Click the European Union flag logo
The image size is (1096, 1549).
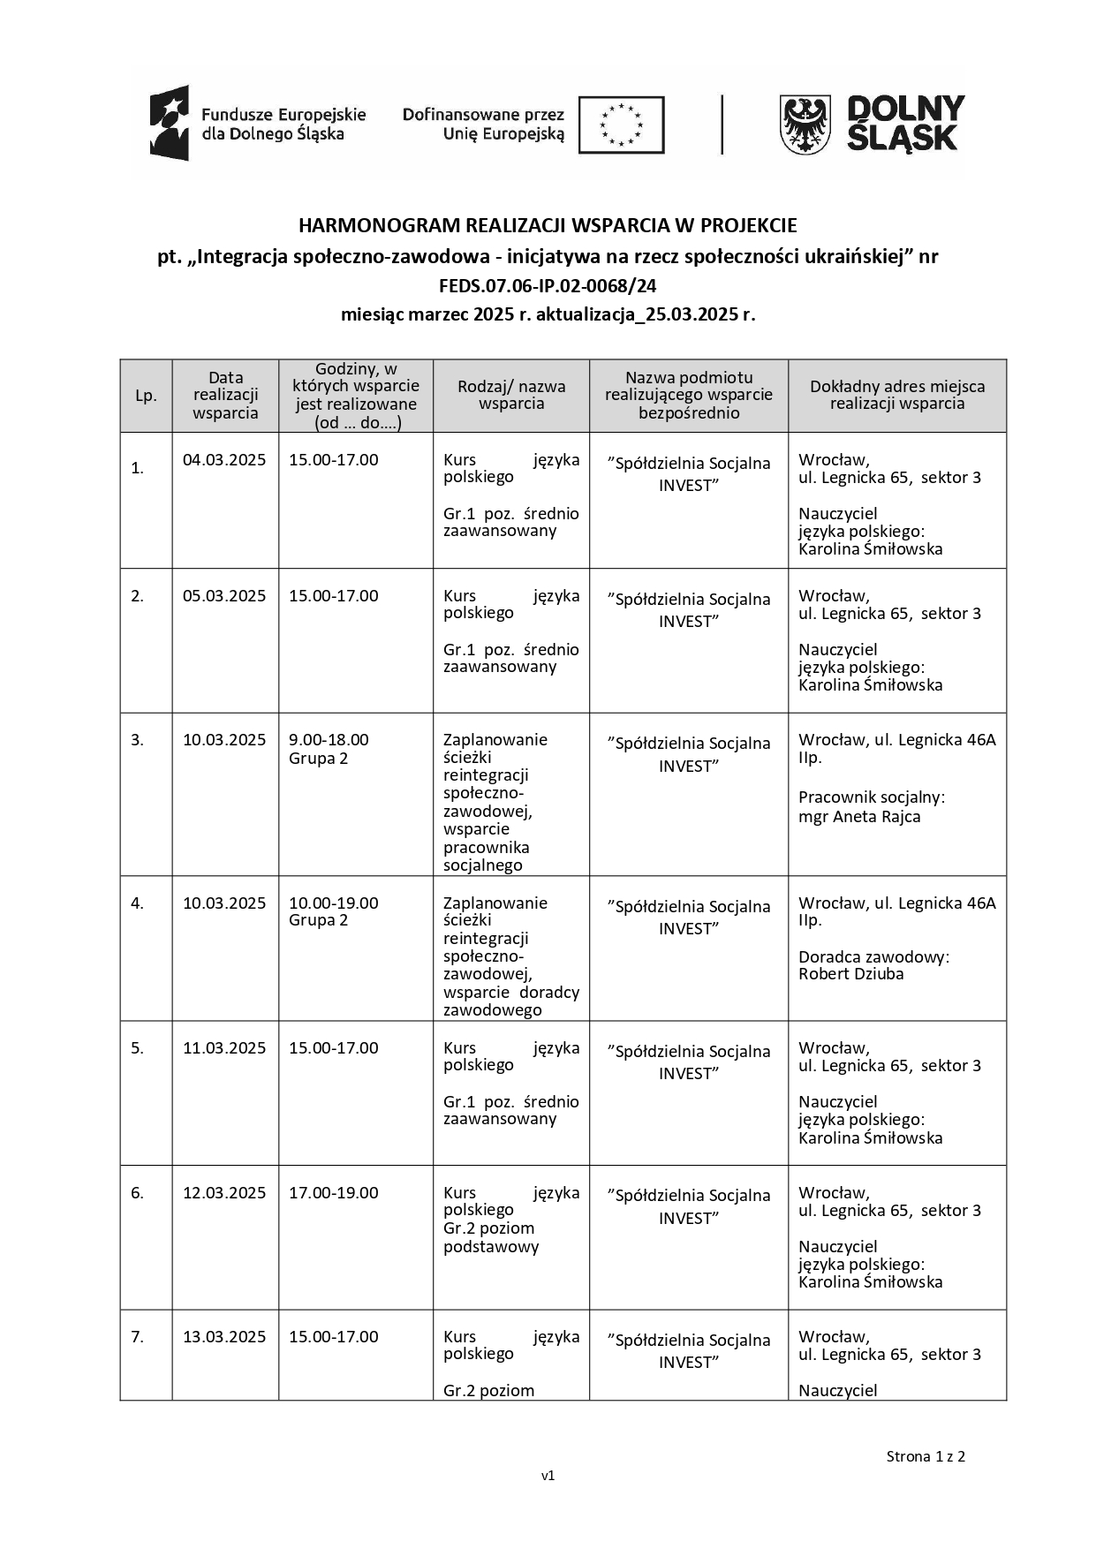click(621, 125)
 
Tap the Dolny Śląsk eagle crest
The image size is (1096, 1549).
click(805, 125)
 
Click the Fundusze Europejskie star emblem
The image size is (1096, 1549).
click(169, 123)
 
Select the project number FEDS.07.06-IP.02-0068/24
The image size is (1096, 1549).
click(548, 285)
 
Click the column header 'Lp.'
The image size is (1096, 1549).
click(146, 396)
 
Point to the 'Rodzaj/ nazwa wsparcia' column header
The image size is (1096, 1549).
click(511, 395)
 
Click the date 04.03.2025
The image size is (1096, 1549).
click(224, 459)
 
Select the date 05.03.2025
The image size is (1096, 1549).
click(224, 595)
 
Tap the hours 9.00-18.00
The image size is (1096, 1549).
click(329, 739)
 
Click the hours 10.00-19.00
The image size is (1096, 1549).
click(333, 903)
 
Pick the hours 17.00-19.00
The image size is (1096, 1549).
click(333, 1192)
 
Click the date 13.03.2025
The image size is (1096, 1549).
click(224, 1336)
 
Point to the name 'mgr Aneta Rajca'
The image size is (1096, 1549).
click(858, 816)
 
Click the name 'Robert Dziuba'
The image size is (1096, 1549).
click(850, 974)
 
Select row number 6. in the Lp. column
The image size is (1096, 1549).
click(137, 1192)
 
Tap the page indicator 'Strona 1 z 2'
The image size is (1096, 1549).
click(926, 1456)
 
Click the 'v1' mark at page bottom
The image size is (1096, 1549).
click(548, 1475)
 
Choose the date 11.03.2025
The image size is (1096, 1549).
click(224, 1047)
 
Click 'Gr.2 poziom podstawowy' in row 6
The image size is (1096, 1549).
click(490, 1237)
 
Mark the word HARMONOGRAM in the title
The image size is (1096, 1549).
click(359, 226)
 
